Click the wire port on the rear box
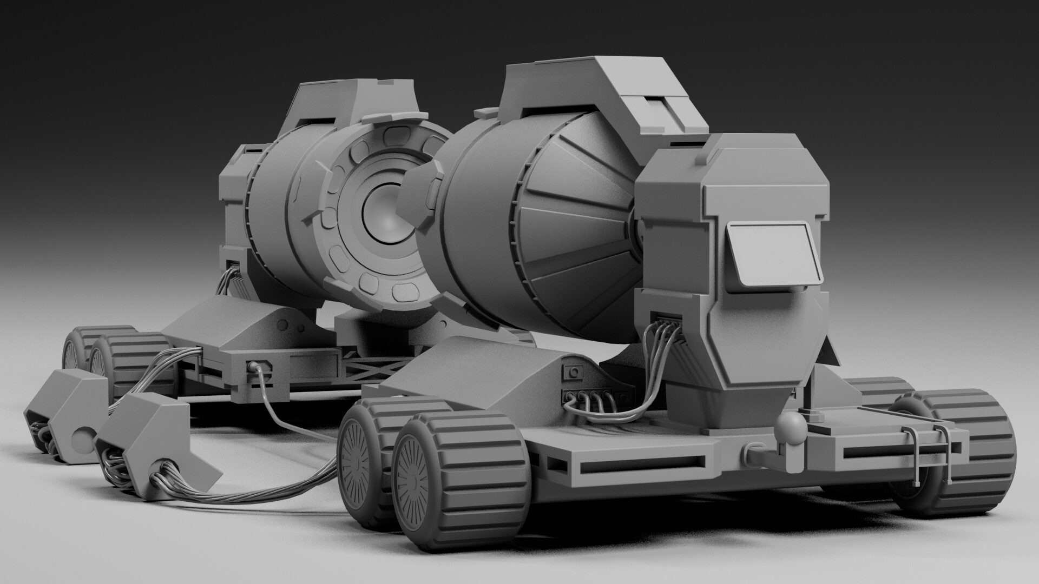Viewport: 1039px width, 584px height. [x=234, y=265]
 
